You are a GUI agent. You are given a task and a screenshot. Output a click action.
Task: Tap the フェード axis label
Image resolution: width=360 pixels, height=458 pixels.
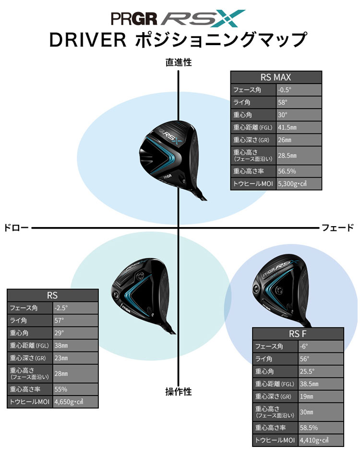coord(338,228)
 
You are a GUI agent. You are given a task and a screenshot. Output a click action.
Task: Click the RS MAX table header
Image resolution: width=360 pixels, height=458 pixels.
coord(276,77)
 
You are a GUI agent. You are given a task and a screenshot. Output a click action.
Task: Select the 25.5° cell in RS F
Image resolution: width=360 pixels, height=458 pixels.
coord(321,371)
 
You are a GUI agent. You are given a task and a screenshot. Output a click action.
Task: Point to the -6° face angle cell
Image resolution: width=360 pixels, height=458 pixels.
coord(321,346)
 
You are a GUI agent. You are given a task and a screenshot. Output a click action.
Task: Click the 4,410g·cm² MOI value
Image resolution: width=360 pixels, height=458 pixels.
coord(321,440)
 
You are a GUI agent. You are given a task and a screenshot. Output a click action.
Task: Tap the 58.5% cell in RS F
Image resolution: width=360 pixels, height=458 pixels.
coord(321,427)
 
